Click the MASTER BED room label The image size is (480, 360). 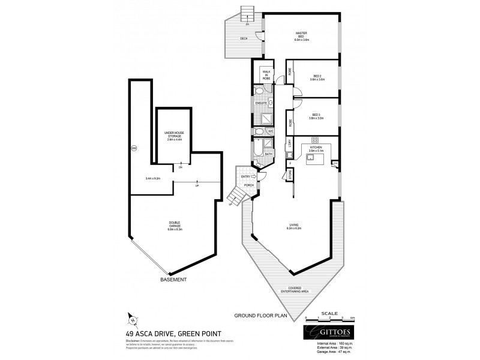pos(301,37)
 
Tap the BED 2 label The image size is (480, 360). pos(318,77)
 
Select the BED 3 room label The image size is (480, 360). pos(316,116)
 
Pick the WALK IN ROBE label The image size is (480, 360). pos(264,74)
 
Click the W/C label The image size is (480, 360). pos(271,131)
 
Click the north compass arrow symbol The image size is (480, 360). pos(133,320)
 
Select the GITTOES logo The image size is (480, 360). pos(329,334)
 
